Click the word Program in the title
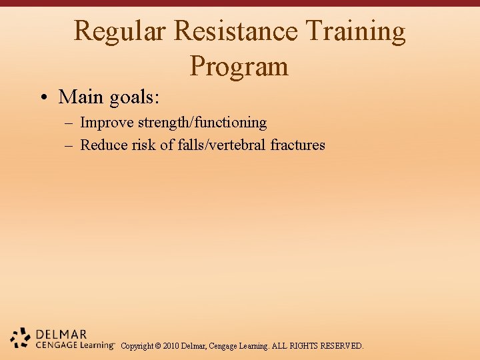(x=239, y=67)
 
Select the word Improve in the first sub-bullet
(x=107, y=123)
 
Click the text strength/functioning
(x=202, y=123)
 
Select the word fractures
(x=298, y=145)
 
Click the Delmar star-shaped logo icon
(x=21, y=337)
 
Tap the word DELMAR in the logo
(x=61, y=334)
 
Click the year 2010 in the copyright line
(x=171, y=346)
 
